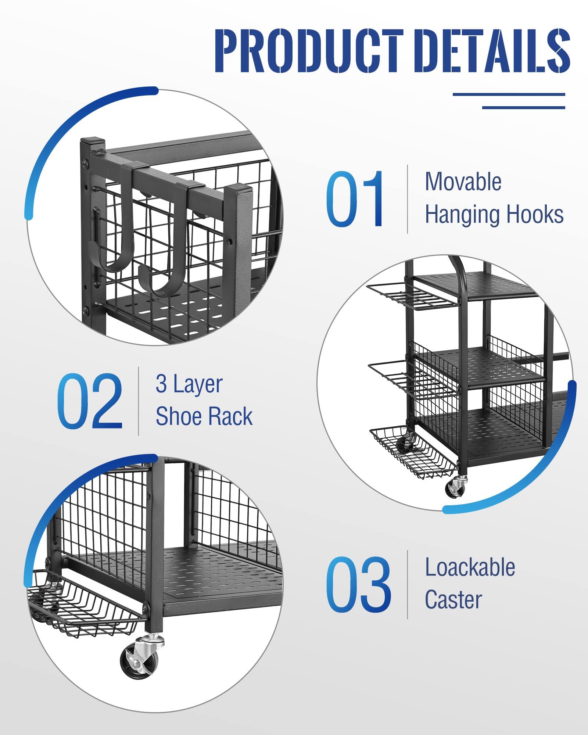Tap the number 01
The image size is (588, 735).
coord(355,199)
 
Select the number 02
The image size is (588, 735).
coord(89,401)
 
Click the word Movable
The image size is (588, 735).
coord(463,182)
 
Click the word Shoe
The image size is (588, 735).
coord(175,416)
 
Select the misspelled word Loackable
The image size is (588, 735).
coord(470,567)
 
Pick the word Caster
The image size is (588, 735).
coord(453,600)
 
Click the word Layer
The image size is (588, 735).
coord(198,385)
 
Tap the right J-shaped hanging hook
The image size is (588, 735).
coord(165,254)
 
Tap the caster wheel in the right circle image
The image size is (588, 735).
coord(456,487)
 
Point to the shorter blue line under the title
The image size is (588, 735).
coord(523,107)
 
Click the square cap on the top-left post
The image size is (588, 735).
coord(93,141)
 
